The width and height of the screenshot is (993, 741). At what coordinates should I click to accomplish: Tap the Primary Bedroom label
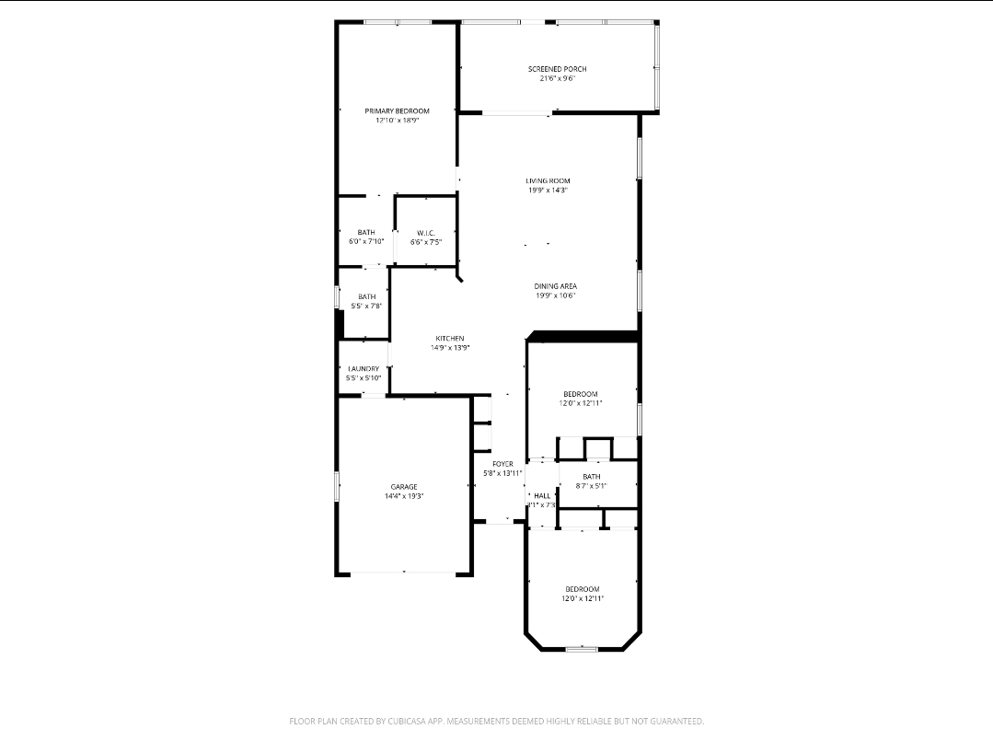point(397,110)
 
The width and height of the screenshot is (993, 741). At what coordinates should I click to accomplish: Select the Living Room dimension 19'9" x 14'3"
point(548,191)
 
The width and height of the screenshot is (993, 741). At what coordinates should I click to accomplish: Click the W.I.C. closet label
point(425,233)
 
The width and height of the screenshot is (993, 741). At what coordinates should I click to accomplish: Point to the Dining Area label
point(555,286)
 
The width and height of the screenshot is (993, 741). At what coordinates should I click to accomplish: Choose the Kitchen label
point(450,338)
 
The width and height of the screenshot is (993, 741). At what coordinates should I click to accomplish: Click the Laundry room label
point(363,368)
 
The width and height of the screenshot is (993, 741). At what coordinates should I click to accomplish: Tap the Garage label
point(403,486)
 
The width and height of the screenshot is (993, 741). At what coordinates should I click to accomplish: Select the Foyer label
point(502,463)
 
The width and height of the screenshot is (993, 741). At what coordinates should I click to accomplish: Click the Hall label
point(541,495)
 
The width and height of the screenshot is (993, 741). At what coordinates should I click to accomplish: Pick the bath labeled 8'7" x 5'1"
point(591,477)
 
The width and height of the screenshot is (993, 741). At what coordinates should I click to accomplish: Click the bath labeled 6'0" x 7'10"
point(366,232)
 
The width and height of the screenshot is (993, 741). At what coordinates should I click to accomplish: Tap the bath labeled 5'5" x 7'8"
point(366,296)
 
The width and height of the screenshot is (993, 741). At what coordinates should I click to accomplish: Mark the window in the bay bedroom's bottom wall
point(582,649)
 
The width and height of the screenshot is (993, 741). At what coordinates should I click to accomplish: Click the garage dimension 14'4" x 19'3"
point(403,496)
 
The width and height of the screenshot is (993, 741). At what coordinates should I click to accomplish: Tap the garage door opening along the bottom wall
point(403,573)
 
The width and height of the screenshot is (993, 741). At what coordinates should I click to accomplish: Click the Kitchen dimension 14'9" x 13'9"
point(450,348)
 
